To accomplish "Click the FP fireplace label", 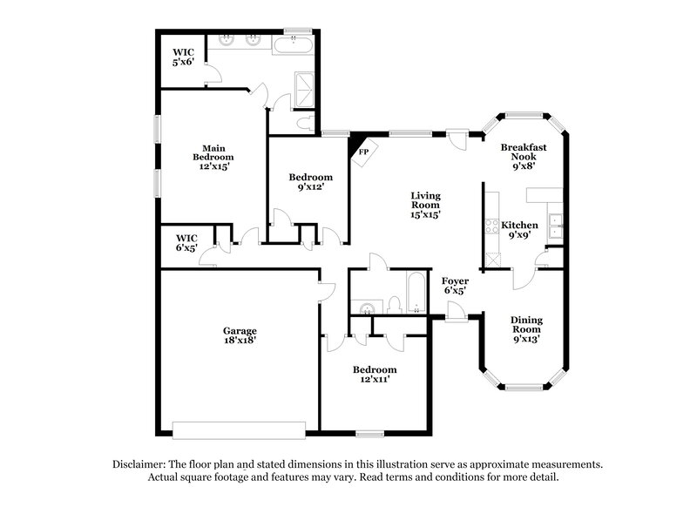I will [362, 151].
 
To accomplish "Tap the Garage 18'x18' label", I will [239, 336].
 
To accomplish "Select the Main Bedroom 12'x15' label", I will [213, 158].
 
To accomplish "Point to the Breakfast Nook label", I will [523, 154].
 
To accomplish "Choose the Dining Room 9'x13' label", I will [526, 329].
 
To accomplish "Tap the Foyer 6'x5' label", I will [455, 287].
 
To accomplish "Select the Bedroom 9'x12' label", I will [310, 182].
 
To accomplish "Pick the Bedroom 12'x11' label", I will [375, 375].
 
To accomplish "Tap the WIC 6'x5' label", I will [186, 242].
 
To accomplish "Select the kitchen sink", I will [554, 219].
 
